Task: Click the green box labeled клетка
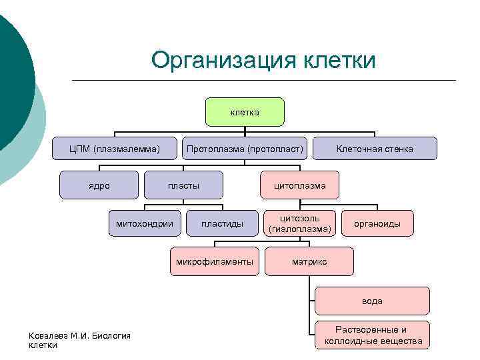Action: tap(245, 112)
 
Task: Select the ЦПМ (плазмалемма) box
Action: tap(115, 149)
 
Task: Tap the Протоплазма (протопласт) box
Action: tap(245, 149)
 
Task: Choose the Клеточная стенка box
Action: tap(375, 149)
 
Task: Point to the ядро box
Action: tap(99, 185)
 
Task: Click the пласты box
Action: tap(183, 185)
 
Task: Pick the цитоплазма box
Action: tap(300, 185)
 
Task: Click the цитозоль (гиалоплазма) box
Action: tap(300, 223)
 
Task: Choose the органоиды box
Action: tap(377, 223)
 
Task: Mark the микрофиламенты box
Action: tap(215, 261)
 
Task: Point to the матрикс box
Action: tap(309, 261)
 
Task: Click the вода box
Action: tap(373, 301)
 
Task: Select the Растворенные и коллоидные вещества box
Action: tap(373, 335)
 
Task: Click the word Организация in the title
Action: tap(223, 60)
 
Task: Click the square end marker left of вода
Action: tap(315, 301)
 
